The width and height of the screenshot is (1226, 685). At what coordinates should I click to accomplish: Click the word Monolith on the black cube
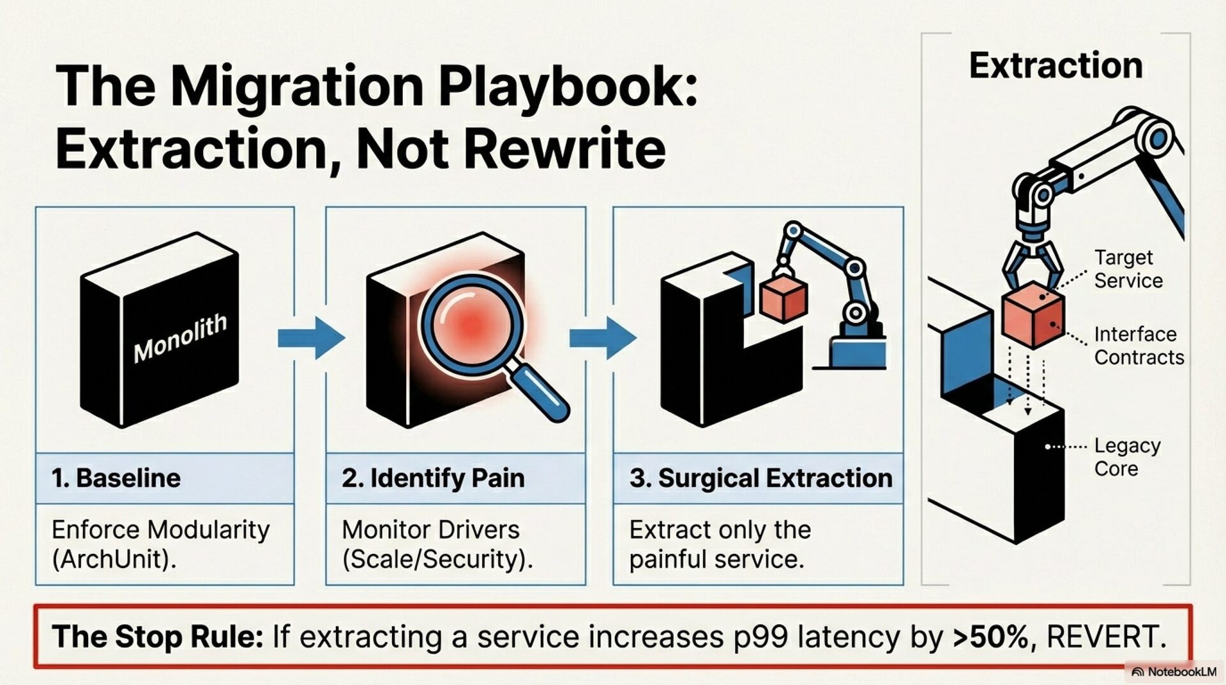click(x=179, y=338)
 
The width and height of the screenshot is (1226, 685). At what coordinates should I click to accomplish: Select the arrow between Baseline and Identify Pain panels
click(x=312, y=337)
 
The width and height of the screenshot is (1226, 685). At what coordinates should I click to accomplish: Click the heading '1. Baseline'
click(x=116, y=478)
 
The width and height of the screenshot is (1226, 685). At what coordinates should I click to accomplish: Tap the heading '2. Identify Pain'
click(x=433, y=478)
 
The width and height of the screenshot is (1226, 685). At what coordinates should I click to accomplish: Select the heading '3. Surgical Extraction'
click(x=761, y=478)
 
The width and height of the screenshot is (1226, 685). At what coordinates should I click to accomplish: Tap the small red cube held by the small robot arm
click(x=783, y=298)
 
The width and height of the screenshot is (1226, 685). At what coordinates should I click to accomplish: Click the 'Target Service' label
click(x=1128, y=269)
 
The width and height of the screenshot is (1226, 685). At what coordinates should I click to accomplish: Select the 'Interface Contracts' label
click(x=1139, y=346)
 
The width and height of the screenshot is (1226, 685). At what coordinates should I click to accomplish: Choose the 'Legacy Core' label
click(x=1127, y=457)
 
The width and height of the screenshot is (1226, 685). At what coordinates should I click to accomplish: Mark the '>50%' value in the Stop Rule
click(x=993, y=637)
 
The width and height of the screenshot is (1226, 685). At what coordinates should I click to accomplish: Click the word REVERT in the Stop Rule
click(x=1106, y=637)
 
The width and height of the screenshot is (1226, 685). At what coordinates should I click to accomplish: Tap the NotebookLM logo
click(x=1174, y=672)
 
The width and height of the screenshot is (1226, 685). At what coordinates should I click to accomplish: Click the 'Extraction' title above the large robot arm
click(x=1056, y=66)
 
